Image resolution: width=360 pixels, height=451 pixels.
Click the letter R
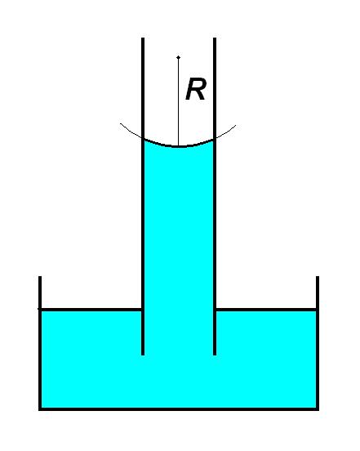pyautogui.click(x=196, y=89)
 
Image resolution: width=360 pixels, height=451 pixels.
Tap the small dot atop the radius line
pyautogui.click(x=179, y=57)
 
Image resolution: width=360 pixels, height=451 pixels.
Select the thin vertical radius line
pyautogui.click(x=179, y=102)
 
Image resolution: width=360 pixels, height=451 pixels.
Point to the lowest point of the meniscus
pyautogui.click(x=179, y=147)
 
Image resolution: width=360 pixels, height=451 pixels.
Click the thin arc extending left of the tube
pyautogui.click(x=130, y=132)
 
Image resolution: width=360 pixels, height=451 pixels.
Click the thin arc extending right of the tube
pyautogui.click(x=226, y=132)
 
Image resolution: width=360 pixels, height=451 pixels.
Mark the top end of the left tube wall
pyautogui.click(x=143, y=38)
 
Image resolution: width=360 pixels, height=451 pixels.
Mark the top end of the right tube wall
pyautogui.click(x=215, y=38)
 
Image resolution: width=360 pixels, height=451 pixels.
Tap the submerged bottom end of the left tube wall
pyautogui.click(x=143, y=355)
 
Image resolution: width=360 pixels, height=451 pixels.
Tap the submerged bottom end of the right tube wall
pyautogui.click(x=215, y=355)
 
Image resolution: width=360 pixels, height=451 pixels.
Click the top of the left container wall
pyautogui.click(x=40, y=277)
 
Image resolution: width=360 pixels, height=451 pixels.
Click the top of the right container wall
pyautogui.click(x=318, y=277)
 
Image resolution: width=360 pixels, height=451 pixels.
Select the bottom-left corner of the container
pyautogui.click(x=40, y=409)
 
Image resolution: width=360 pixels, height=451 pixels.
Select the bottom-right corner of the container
pyautogui.click(x=318, y=409)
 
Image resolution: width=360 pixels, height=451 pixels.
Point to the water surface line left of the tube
pyautogui.click(x=91, y=310)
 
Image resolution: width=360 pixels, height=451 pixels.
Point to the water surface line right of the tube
pyautogui.click(x=266, y=310)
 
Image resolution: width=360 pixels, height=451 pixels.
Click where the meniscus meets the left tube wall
pyautogui.click(x=144, y=139)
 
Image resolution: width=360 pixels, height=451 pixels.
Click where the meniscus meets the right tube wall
pyautogui.click(x=214, y=140)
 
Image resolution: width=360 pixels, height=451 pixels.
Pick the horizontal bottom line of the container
pyautogui.click(x=179, y=409)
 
